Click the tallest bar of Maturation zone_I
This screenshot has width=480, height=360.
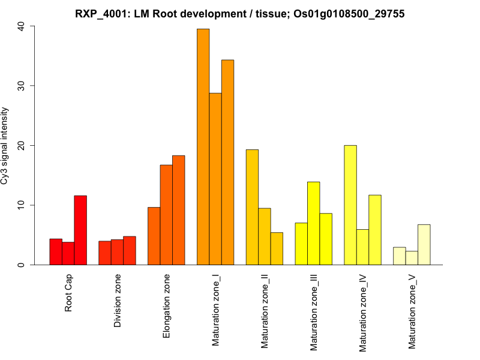click(x=203, y=147)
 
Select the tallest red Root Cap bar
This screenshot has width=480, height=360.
click(x=80, y=230)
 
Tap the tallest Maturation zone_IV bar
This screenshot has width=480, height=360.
click(x=350, y=205)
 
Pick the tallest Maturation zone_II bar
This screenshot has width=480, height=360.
click(x=252, y=207)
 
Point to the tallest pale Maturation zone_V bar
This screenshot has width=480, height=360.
click(x=424, y=245)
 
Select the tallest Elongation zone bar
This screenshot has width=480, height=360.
click(x=179, y=210)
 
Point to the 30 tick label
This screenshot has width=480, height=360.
click(x=22, y=86)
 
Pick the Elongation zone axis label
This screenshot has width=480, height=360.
click(x=167, y=306)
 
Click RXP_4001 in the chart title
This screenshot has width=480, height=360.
click(x=100, y=14)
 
